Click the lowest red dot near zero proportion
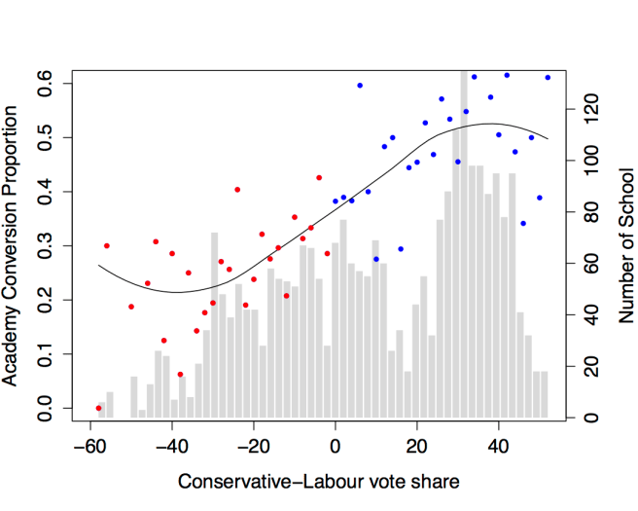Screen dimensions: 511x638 point(98,408)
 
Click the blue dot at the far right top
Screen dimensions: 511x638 point(548,77)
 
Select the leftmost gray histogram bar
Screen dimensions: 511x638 point(102,410)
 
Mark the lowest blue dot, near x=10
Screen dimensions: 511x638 point(376,259)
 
